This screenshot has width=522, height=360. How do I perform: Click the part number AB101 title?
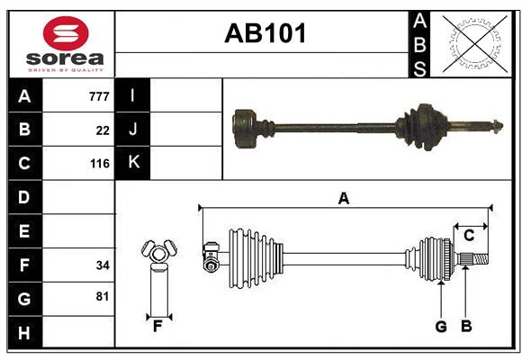pyautogui.click(x=265, y=34)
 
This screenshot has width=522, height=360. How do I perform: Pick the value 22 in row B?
pyautogui.click(x=103, y=130)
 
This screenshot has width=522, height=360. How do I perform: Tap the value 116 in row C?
pyautogui.click(x=99, y=164)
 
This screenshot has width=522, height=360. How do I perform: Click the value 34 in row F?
pyautogui.click(x=103, y=265)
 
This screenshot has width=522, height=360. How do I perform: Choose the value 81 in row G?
pyautogui.click(x=103, y=296)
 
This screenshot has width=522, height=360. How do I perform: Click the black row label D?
pyautogui.click(x=24, y=197)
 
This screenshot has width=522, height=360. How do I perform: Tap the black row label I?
pyautogui.click(x=133, y=95)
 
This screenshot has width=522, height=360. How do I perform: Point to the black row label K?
pyautogui.click(x=133, y=163)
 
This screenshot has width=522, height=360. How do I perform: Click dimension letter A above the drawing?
pyautogui.click(x=343, y=198)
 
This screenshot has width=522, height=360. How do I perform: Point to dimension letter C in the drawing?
pyautogui.click(x=469, y=236)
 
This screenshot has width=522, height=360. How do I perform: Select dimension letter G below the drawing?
pyautogui.click(x=441, y=327)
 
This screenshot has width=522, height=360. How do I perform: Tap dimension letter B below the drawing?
pyautogui.click(x=466, y=327)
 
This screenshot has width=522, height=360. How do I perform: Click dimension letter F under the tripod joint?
pyautogui.click(x=157, y=327)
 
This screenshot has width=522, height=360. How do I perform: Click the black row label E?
pyautogui.click(x=24, y=231)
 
